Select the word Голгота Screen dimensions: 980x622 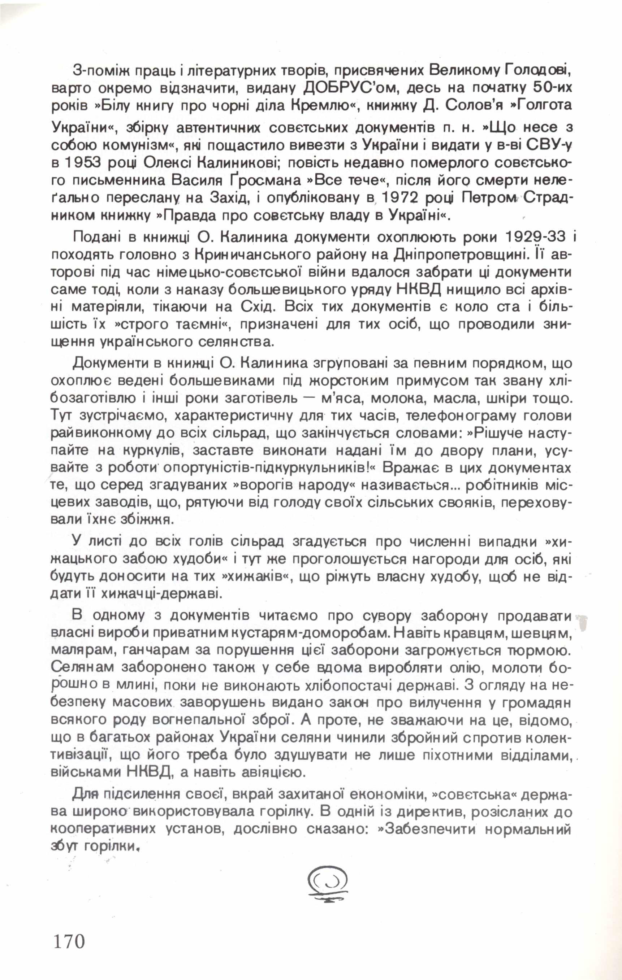tap(537, 105)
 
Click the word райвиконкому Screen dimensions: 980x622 tap(101, 434)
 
